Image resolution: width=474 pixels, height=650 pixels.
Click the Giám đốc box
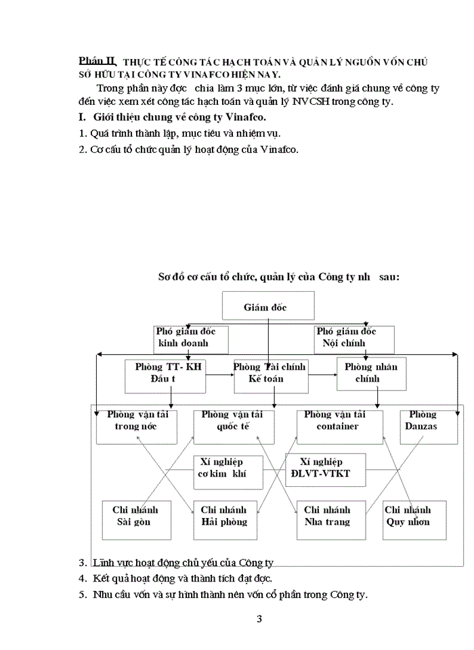pos(268,306)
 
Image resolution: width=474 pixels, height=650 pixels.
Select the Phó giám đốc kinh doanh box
pos(192,337)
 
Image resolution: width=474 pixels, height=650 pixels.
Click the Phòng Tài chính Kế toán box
pos(269,374)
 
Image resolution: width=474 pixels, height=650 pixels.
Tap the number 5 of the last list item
pos(82,595)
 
